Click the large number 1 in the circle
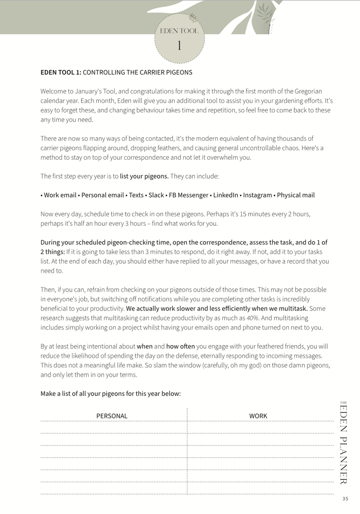[179, 46]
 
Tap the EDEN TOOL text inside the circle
[179, 31]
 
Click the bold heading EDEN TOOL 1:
[61, 72]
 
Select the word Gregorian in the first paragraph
[306, 91]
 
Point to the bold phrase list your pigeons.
[144, 176]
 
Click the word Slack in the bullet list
[156, 195]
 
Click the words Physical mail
[296, 195]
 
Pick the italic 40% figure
[253, 318]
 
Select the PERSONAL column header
[112, 416]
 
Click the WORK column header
[258, 416]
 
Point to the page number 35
[345, 498]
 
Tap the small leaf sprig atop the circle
[193, 18]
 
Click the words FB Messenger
[189, 195]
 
